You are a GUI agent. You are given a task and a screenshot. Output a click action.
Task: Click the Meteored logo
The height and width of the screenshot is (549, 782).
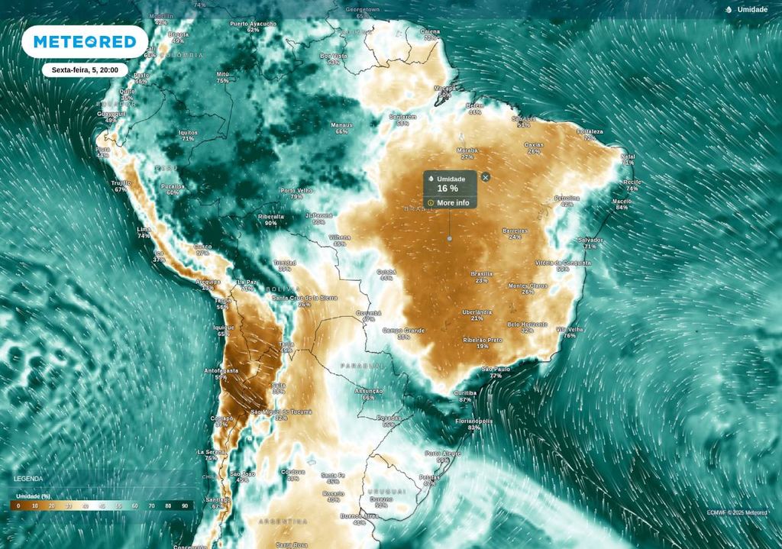pos(84,41)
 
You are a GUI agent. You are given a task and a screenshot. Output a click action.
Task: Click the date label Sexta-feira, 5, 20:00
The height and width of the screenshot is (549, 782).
pos(84,69)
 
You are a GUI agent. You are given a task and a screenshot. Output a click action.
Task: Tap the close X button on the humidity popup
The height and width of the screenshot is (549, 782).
pos(486,177)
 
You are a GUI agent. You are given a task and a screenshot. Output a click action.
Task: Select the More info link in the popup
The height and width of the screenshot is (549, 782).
pos(452,202)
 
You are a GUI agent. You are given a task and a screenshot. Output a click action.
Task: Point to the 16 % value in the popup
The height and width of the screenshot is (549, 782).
pos(448,189)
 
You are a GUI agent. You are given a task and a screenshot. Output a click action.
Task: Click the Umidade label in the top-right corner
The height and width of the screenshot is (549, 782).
pos(751,9)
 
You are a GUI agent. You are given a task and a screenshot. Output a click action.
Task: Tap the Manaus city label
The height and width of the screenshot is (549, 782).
pos(341,125)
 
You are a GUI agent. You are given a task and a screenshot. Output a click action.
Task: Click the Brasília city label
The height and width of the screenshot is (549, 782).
pos(481,273)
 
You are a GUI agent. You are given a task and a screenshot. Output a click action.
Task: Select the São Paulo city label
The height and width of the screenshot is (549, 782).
pos(496,370)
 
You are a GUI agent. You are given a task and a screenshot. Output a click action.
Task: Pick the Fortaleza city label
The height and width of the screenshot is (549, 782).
pos(590,131)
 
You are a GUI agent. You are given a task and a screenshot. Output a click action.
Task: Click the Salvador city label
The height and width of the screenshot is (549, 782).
pos(590,240)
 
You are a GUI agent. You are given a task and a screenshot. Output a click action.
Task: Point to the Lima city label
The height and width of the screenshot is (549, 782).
pos(144,229)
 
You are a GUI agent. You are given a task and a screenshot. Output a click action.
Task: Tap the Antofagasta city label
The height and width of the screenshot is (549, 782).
pos(221,370)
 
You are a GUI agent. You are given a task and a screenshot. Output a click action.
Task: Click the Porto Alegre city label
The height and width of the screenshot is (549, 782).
pos(443,454)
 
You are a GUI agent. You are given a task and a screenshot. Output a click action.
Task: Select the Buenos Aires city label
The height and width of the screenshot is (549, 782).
pos(359,516)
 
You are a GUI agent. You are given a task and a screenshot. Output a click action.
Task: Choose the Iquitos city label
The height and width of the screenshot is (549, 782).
pos(188,132)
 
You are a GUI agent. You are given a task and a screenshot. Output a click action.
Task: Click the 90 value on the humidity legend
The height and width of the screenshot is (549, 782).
pos(185,505)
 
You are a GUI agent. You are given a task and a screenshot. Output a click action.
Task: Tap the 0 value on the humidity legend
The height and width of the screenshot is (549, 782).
pos(18,505)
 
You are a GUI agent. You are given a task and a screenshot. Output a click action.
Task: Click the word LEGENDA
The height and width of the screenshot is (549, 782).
pos(28,479)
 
